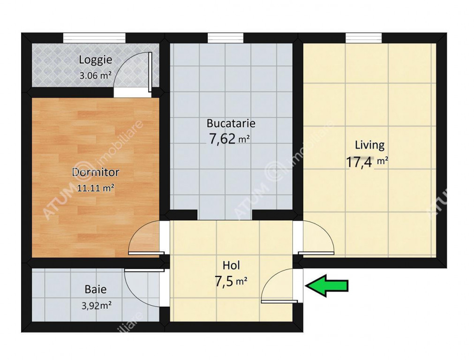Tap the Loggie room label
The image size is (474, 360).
tap(96, 60)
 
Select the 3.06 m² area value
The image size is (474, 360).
tap(95, 75)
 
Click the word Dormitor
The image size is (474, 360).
tap(96, 172)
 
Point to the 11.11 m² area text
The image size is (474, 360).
tap(96, 188)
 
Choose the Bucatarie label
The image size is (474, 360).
tap(231, 123)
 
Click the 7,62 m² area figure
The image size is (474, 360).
tap(229, 139)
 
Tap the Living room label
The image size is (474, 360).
tap(369, 145)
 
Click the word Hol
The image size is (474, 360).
tap(231, 265)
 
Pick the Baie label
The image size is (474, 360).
tap(96, 289)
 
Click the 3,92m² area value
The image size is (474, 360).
tap(97, 306)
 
